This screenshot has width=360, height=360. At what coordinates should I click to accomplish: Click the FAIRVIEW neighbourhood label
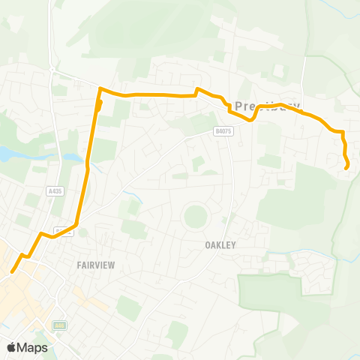94,265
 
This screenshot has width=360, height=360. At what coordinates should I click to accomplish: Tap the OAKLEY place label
220,244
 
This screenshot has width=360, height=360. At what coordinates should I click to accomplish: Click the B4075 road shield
219,130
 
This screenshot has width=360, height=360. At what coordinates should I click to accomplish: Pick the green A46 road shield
59,325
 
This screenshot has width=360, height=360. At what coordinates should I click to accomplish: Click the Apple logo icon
12,347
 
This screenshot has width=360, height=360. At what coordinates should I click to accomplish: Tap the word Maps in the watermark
33,347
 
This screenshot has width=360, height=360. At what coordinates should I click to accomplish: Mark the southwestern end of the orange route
12,273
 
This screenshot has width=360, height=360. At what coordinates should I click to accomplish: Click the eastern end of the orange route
346,169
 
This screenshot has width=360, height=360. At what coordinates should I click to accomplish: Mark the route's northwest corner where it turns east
100,90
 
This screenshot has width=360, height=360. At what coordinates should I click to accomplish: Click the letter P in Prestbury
239,106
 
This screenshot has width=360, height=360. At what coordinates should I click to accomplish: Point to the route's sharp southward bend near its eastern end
342,133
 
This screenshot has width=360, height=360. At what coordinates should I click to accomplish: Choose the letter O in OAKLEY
208,244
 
